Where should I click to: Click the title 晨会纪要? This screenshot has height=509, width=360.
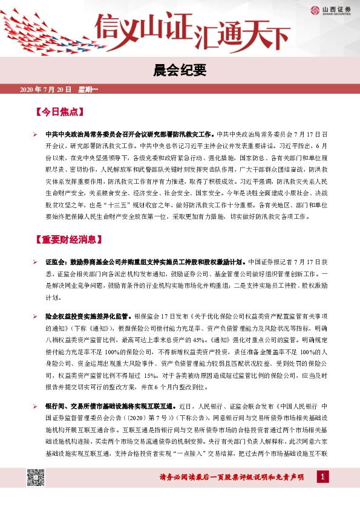pyautogui.click(x=180, y=71)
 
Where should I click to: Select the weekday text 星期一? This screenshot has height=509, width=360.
pyautogui.click(x=88, y=89)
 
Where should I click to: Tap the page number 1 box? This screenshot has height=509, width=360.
pyautogui.click(x=324, y=478)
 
